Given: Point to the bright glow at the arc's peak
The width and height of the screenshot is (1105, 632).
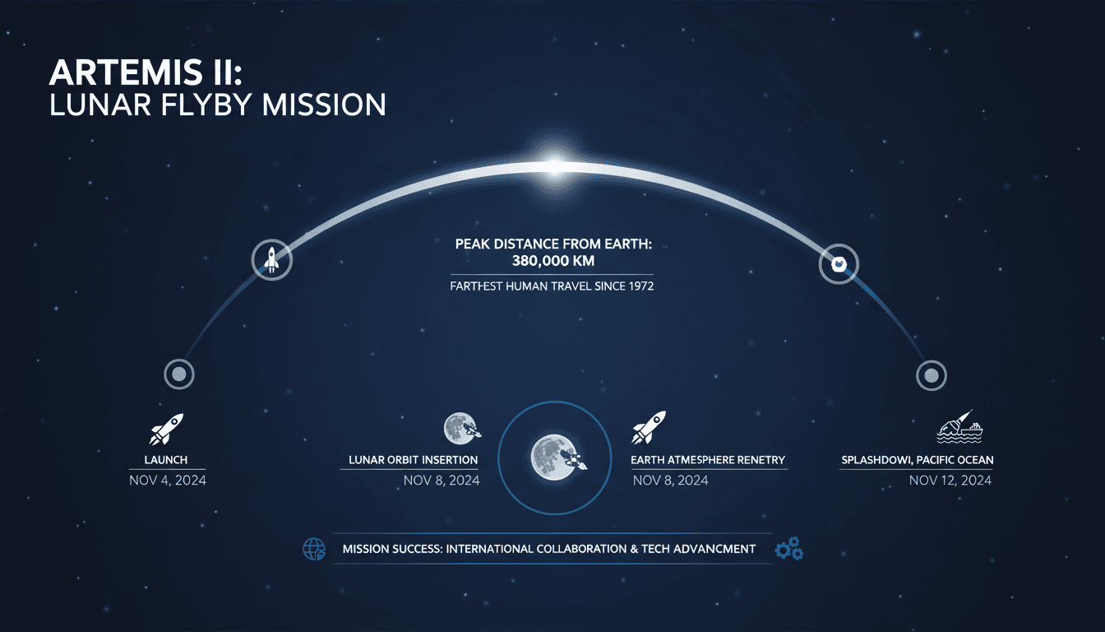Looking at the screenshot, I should [x=552, y=166].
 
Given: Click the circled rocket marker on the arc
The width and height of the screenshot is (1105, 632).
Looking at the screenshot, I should [x=271, y=260].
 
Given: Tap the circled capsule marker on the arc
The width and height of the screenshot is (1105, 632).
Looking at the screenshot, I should [x=839, y=264].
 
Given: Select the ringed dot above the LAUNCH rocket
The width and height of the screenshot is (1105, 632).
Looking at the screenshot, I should [x=178, y=374].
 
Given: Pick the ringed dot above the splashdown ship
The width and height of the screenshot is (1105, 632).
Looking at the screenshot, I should [x=931, y=375].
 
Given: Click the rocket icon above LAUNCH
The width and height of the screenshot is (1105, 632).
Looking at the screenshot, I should [x=167, y=429].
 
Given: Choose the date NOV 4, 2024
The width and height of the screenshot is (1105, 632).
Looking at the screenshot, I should [x=168, y=480].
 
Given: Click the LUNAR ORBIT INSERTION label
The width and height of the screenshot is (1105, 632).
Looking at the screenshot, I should [x=413, y=459].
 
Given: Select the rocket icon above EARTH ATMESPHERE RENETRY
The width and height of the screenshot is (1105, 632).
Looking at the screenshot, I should [x=649, y=428].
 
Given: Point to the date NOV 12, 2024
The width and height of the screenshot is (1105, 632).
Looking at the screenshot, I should [x=950, y=480].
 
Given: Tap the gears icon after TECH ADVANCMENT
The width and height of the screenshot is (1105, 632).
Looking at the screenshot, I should [x=788, y=549].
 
